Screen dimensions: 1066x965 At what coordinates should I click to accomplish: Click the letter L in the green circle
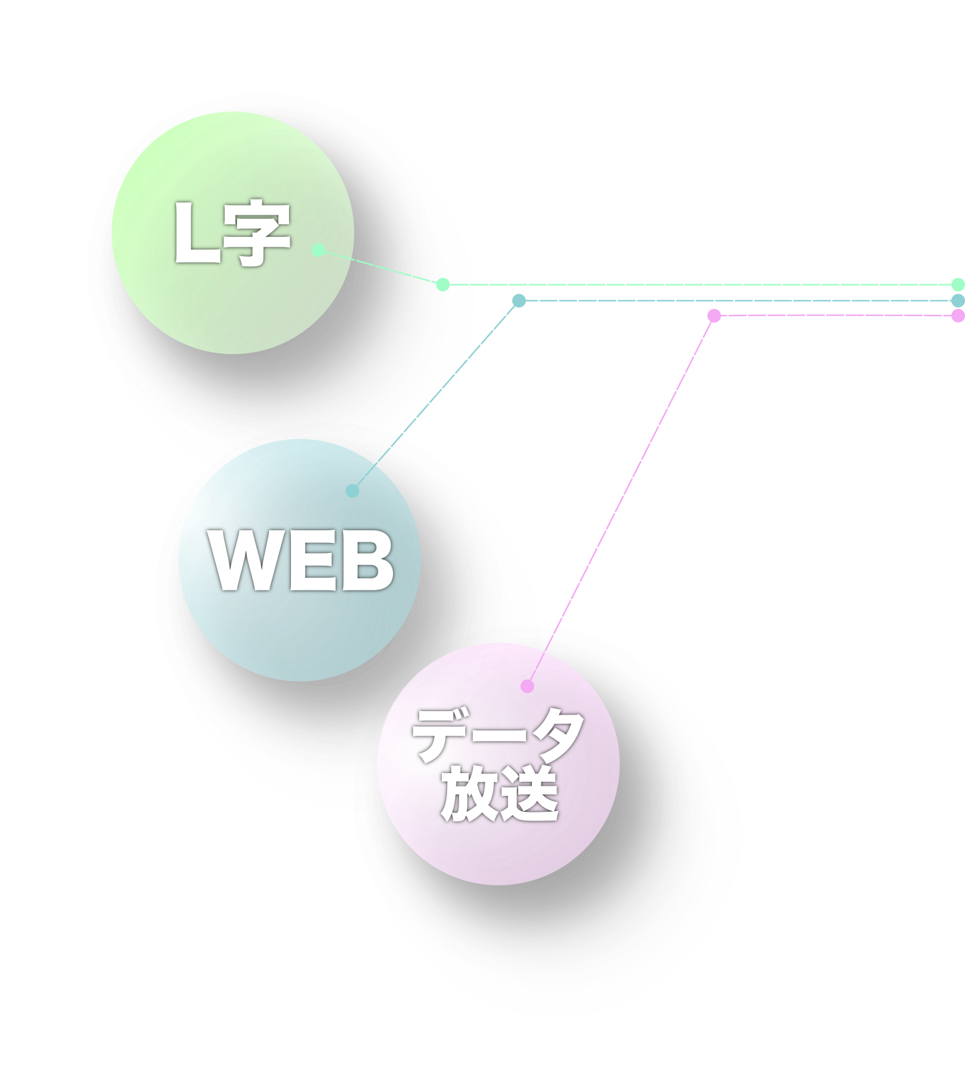pyautogui.click(x=196, y=233)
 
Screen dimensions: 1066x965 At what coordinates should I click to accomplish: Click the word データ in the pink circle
pyautogui.click(x=498, y=736)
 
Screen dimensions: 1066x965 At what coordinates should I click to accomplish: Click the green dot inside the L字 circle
pyautogui.click(x=319, y=250)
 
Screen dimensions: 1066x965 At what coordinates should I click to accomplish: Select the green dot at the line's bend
pyautogui.click(x=442, y=285)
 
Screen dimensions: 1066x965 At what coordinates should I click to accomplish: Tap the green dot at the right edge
pyautogui.click(x=958, y=284)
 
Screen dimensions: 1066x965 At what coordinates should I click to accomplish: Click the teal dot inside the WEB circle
pyautogui.click(x=353, y=491)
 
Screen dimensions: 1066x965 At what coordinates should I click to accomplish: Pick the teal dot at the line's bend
pyautogui.click(x=519, y=301)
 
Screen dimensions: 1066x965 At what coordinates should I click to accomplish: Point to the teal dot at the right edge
pyautogui.click(x=958, y=301)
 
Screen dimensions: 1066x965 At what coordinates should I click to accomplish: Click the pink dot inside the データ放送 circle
pyautogui.click(x=527, y=686)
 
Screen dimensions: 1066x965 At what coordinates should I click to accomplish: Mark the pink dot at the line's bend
pyautogui.click(x=714, y=316)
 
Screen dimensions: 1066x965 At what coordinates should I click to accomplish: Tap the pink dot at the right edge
pyautogui.click(x=958, y=316)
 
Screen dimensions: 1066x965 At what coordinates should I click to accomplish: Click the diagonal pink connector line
pyautogui.click(x=621, y=500)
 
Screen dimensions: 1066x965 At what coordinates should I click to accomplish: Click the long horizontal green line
pyautogui.click(x=701, y=285)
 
